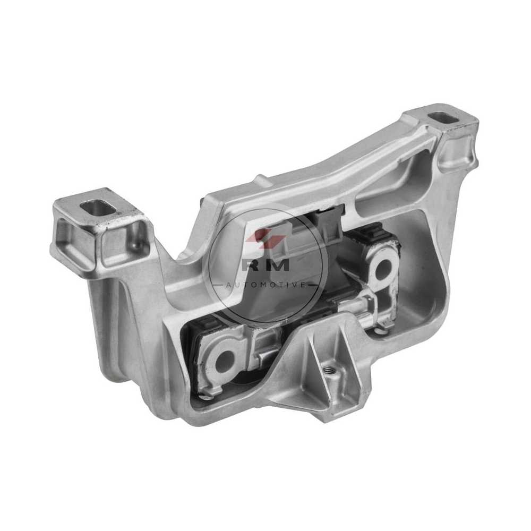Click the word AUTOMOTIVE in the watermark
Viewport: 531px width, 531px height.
pos(266,285)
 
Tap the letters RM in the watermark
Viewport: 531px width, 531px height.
pos(266,264)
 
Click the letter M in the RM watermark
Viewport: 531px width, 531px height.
pos(278,264)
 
